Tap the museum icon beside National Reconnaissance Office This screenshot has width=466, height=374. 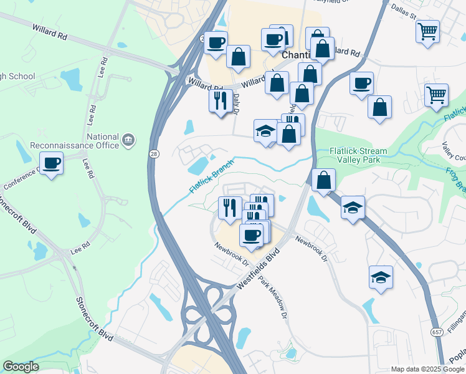[128, 140]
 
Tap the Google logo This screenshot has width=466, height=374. [21, 367]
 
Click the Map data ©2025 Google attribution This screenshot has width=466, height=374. [427, 369]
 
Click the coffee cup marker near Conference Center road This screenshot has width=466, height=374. [52, 165]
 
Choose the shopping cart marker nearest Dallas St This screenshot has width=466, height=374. [427, 31]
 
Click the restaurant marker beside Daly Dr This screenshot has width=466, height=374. [219, 100]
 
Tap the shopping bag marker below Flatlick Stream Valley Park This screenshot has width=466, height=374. [323, 181]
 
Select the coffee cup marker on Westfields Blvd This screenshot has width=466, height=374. [251, 236]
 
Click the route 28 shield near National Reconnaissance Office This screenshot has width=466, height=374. [153, 153]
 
